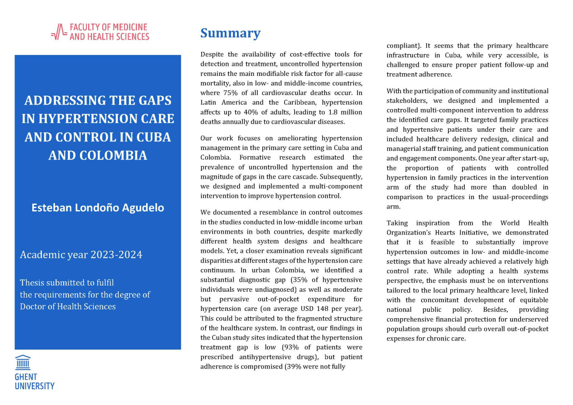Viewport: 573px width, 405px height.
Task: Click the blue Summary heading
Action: (x=230, y=33)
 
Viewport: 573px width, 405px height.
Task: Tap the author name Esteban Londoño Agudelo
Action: (x=98, y=208)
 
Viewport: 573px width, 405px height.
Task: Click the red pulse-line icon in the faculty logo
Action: (x=59, y=32)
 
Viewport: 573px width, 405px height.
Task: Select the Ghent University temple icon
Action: (x=23, y=362)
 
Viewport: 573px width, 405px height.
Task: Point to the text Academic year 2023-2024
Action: (x=81, y=255)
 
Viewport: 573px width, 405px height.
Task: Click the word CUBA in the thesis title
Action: (x=153, y=137)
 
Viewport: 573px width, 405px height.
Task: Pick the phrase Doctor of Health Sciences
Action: (x=68, y=306)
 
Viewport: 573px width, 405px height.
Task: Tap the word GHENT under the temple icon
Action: (x=26, y=377)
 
